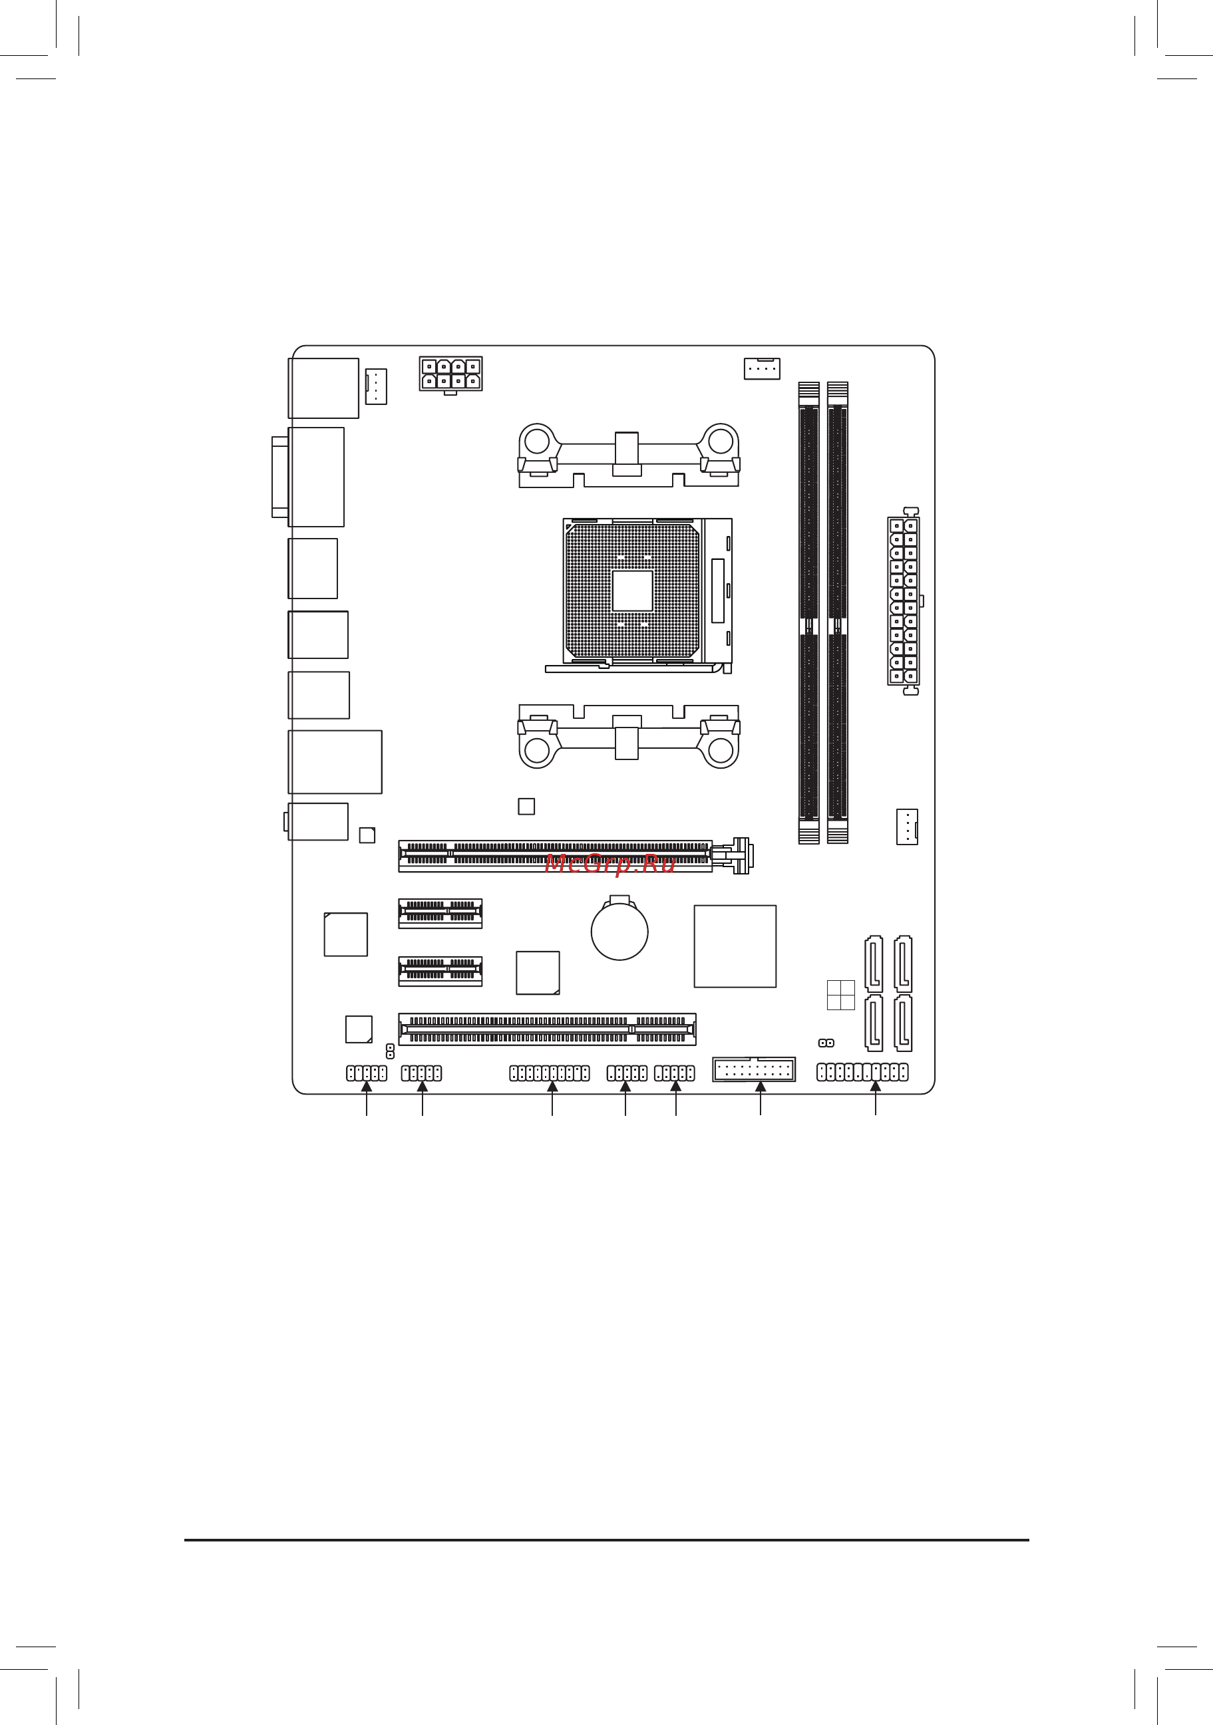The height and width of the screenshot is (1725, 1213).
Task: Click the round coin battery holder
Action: [619, 932]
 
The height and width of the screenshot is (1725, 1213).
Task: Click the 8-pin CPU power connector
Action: [450, 374]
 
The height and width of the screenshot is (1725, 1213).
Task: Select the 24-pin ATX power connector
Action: [903, 601]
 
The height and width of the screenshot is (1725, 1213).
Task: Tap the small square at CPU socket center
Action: [632, 591]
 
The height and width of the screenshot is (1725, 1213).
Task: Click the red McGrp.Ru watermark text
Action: [609, 864]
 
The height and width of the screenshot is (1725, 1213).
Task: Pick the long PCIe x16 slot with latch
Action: [556, 856]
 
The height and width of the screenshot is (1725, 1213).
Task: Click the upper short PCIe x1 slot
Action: [440, 913]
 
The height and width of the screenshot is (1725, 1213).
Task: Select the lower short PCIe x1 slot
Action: [440, 971]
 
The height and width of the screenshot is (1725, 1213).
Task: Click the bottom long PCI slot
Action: [547, 1029]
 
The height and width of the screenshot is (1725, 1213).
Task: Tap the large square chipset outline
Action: [735, 946]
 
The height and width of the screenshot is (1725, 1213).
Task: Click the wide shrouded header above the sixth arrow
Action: [753, 1069]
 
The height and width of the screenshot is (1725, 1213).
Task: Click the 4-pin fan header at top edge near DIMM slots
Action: [761, 368]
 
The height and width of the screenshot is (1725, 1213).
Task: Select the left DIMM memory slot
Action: [808, 612]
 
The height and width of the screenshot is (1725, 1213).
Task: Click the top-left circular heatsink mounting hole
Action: [536, 440]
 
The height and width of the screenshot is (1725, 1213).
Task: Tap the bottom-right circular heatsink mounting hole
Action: [720, 750]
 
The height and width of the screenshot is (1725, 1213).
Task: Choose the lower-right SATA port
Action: [903, 1023]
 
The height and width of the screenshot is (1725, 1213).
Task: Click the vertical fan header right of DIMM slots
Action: [906, 827]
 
